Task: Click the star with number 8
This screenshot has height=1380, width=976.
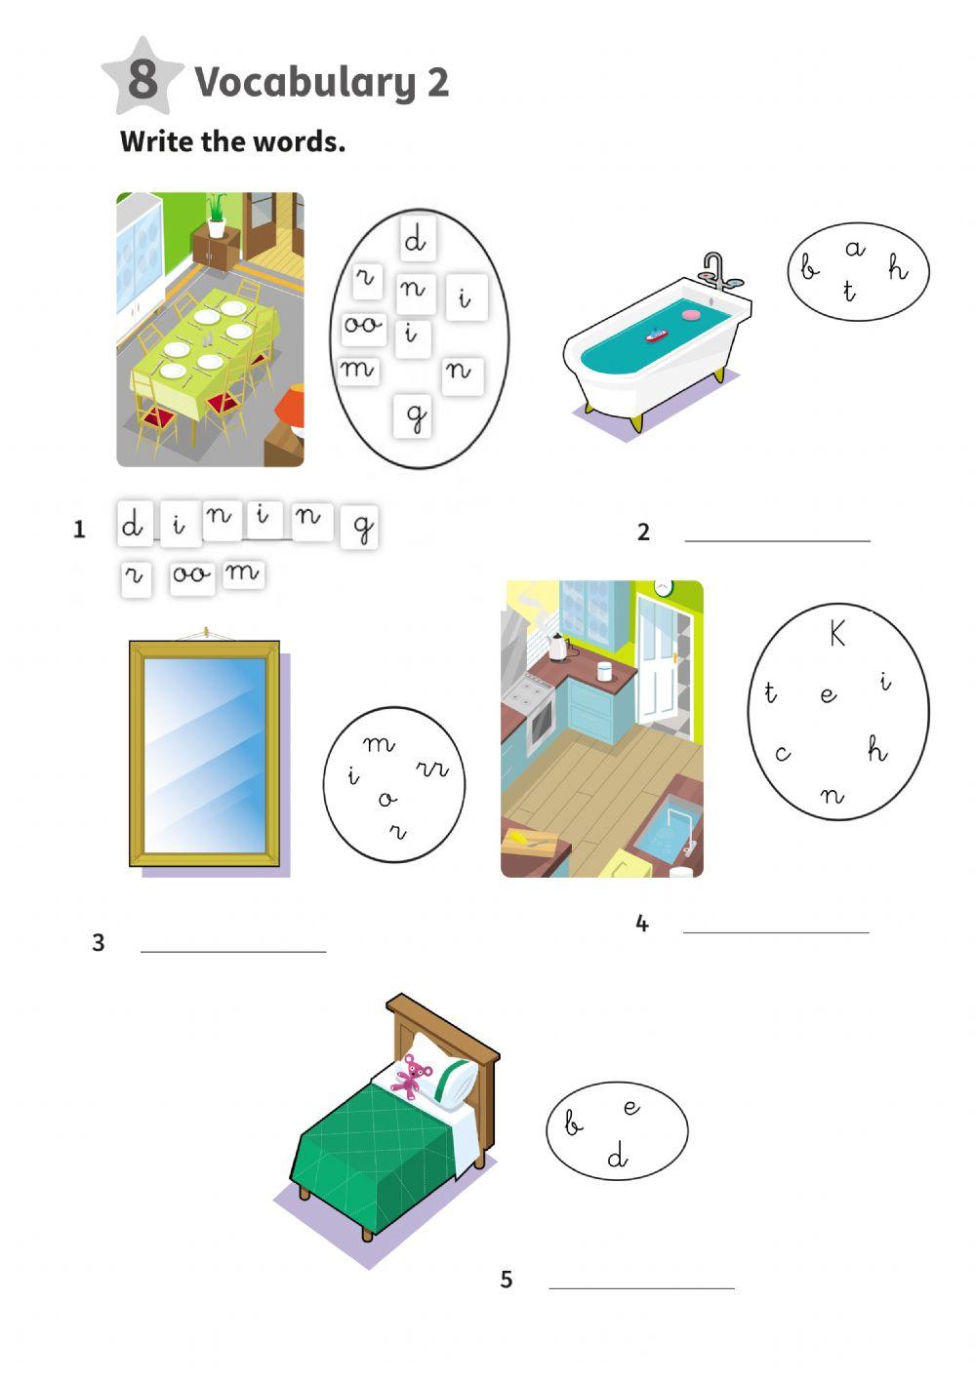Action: [142, 77]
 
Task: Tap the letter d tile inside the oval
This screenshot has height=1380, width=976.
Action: [416, 240]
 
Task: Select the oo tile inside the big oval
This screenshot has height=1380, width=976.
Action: [363, 325]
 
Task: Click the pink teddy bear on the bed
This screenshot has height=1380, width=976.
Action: [412, 1076]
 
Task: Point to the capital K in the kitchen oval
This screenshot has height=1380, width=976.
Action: [837, 634]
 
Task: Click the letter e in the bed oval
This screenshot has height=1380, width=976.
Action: [631, 1107]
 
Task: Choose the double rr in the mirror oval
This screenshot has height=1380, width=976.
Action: [432, 769]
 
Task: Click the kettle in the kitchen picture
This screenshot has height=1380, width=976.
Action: [556, 646]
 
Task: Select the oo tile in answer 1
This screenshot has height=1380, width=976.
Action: [190, 574]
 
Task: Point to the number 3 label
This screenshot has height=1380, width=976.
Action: [98, 943]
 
